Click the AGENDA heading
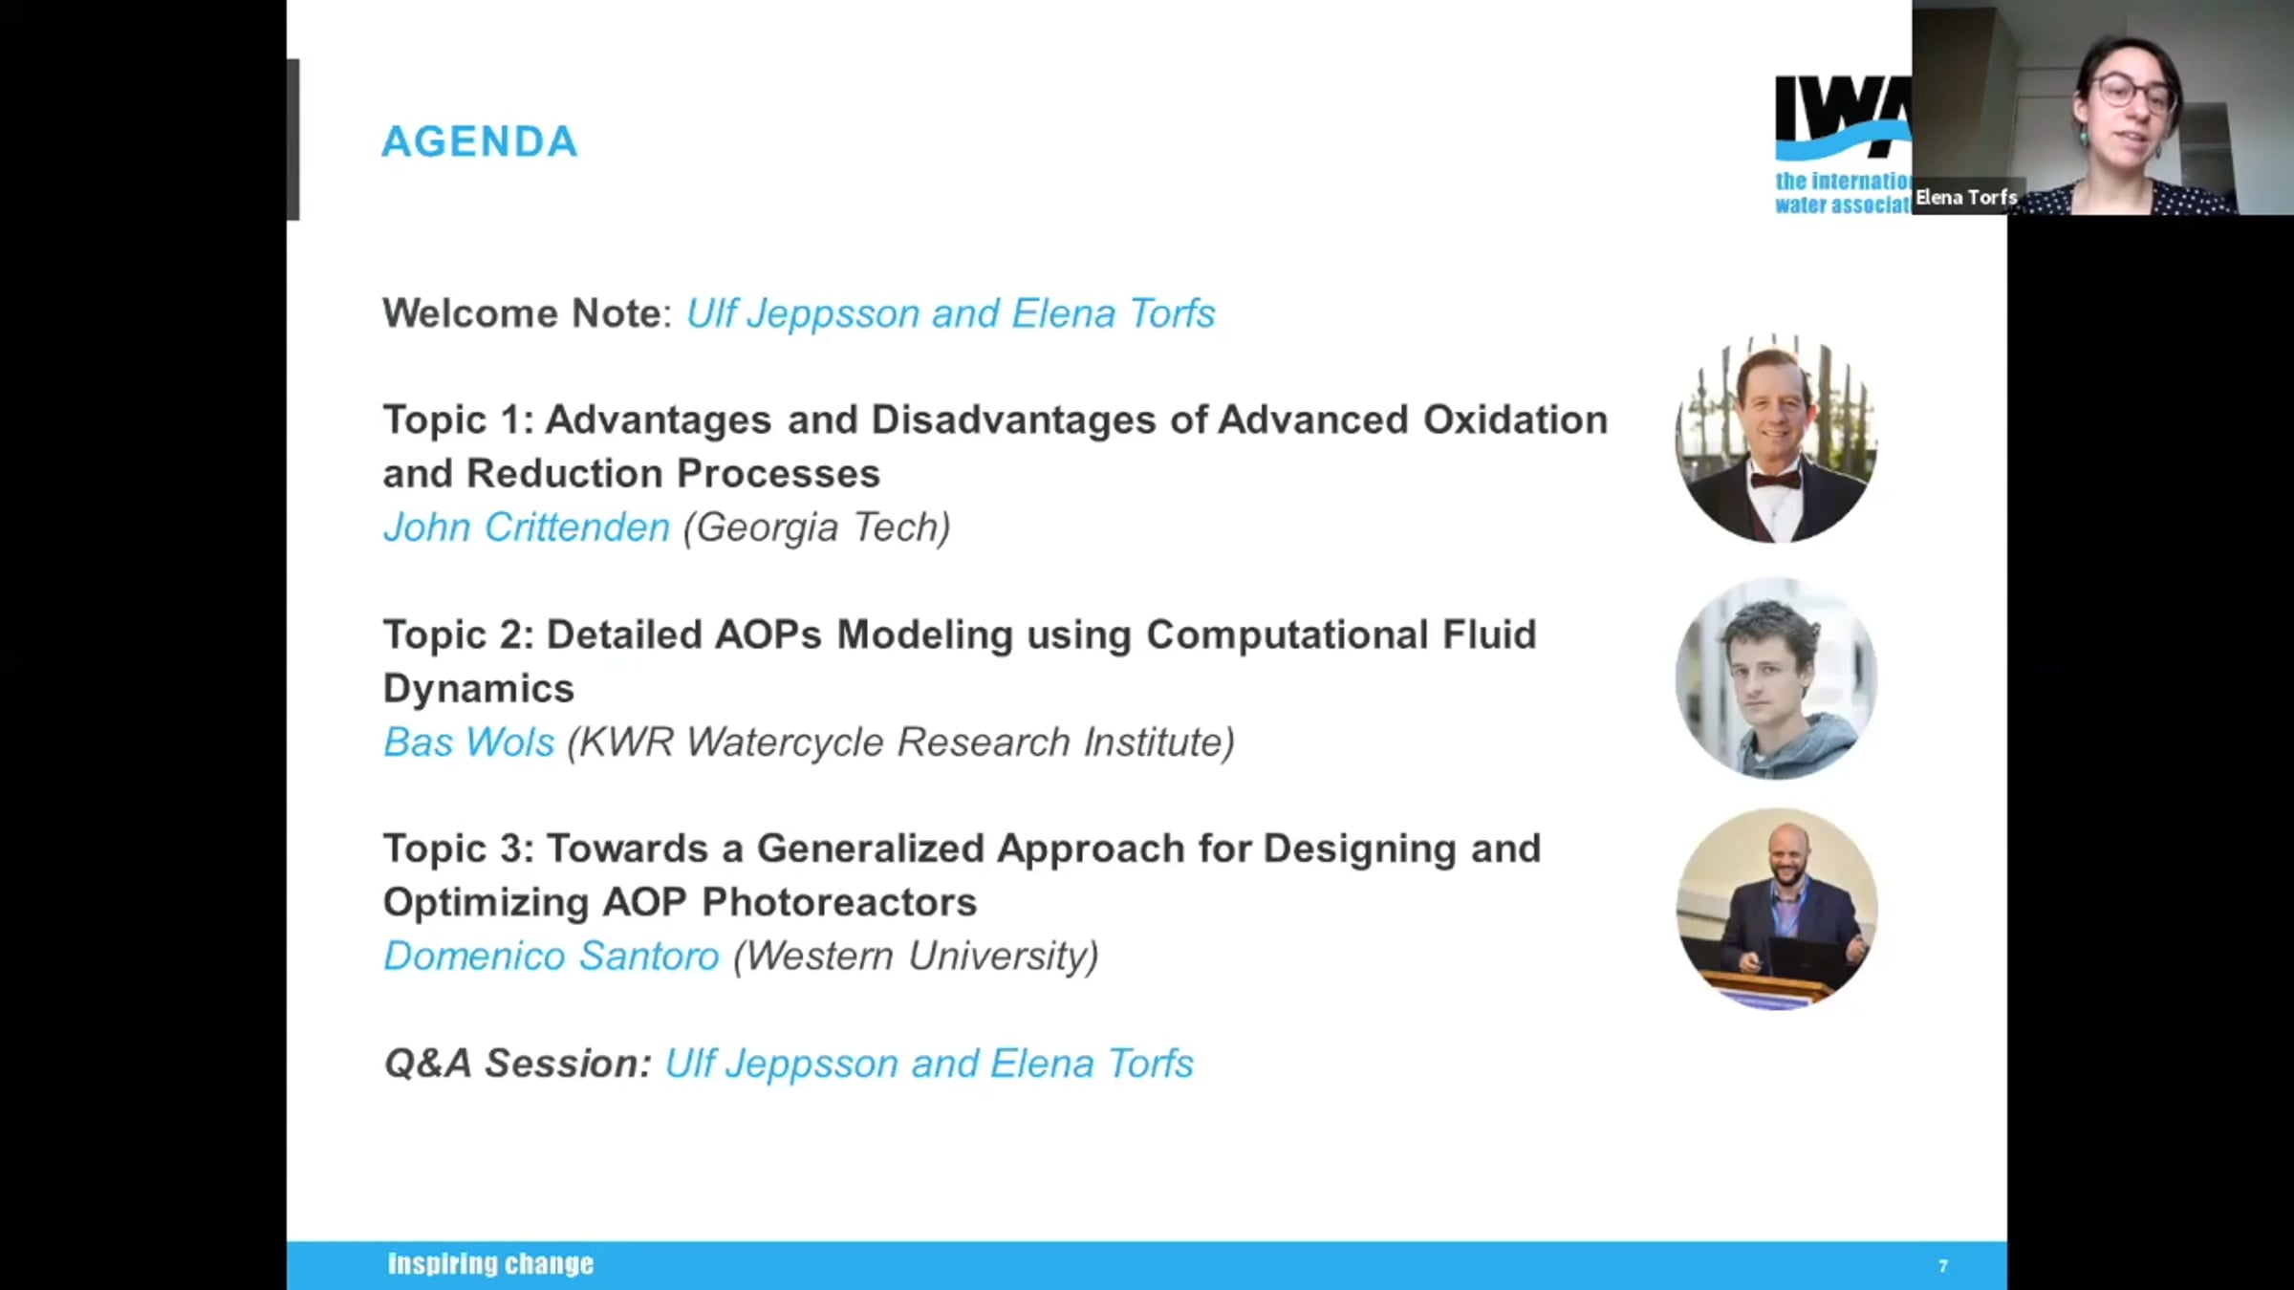(480, 141)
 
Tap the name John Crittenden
(527, 527)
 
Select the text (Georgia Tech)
(817, 527)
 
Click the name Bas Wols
(468, 742)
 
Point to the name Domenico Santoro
(552, 956)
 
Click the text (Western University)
(916, 957)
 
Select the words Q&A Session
(516, 1064)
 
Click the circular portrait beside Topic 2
(1777, 679)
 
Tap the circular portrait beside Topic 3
(1777, 909)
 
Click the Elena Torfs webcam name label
(1966, 198)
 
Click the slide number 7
(1943, 1266)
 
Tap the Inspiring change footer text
(490, 1264)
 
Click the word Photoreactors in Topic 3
(839, 902)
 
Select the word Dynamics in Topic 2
(479, 688)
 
